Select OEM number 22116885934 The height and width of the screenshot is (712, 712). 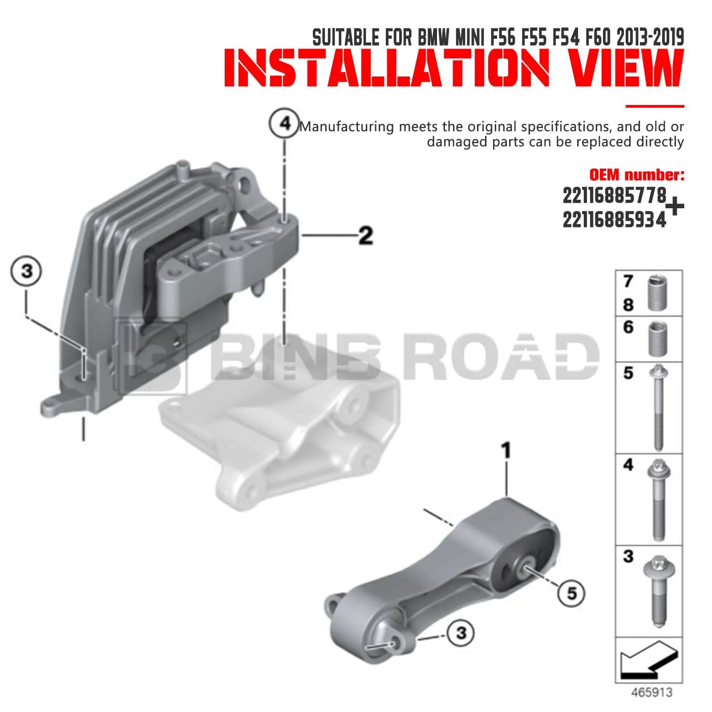(615, 219)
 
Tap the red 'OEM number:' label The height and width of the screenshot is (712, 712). (637, 174)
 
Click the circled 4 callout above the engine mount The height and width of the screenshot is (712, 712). (285, 123)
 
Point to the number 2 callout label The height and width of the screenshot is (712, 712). (366, 235)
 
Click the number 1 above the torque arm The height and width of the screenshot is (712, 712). (506, 450)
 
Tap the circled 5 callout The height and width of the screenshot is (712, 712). (571, 593)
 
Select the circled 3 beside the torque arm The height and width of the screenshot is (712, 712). (461, 632)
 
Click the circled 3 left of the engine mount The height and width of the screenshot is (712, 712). (26, 271)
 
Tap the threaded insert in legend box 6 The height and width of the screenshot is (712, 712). (658, 339)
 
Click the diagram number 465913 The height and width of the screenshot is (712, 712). (652, 692)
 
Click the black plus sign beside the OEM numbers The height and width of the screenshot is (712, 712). (675, 207)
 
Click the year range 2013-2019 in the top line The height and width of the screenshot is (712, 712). (650, 37)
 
